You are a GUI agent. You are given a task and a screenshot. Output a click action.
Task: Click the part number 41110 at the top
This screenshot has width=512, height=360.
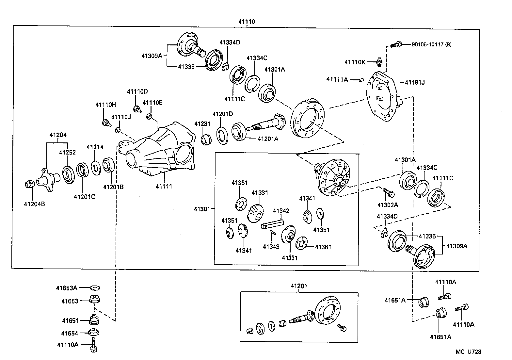point(246,22)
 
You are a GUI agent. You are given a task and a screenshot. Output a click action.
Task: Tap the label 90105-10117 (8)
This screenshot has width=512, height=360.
point(431,44)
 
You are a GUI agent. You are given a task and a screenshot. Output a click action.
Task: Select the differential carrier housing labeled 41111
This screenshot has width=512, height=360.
point(160,150)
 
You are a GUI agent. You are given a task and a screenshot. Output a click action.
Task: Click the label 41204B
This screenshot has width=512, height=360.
point(34,204)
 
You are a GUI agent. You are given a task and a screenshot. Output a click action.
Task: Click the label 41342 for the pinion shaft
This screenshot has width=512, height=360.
point(281,211)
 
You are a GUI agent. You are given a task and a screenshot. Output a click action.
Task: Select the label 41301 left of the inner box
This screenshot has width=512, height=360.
point(202,208)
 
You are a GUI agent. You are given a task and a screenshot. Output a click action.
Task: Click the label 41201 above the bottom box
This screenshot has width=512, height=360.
point(299,286)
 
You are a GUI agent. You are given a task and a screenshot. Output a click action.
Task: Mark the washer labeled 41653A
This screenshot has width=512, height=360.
point(95,288)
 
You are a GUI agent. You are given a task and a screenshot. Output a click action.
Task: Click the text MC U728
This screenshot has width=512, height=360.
point(468,352)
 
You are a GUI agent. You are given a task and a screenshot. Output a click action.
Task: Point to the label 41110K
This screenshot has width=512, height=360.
point(355,62)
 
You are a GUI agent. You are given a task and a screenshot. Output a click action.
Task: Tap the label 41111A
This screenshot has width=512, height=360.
point(337,79)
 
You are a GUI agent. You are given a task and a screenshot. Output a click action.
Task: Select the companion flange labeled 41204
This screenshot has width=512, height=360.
point(46,178)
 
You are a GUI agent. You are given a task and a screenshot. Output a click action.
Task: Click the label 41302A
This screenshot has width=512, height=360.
point(388,205)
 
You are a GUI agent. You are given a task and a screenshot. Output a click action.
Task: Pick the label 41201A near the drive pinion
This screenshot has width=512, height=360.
point(268,139)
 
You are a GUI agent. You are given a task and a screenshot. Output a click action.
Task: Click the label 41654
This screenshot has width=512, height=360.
point(70,333)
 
